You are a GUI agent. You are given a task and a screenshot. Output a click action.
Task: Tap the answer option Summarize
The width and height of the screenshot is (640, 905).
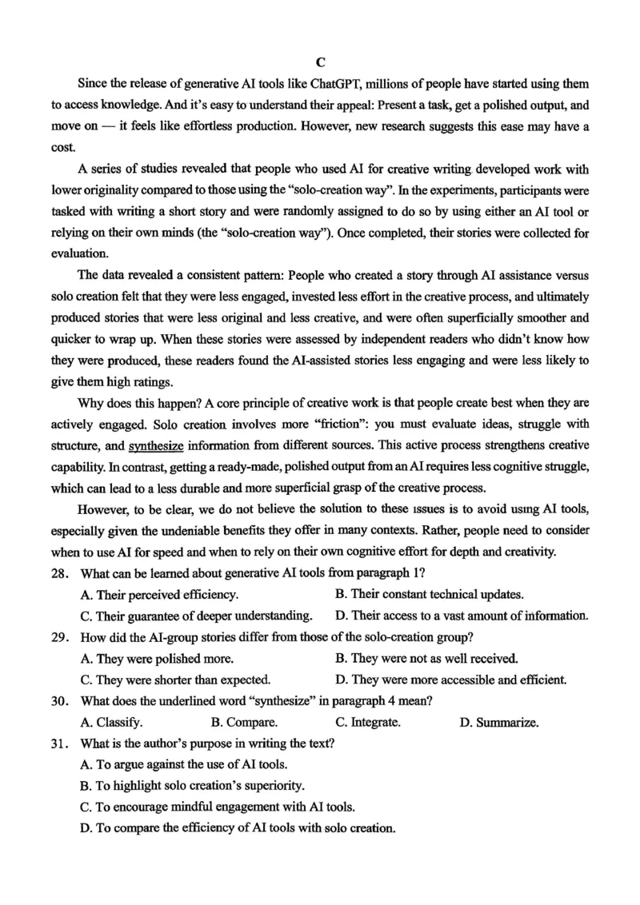[499, 723]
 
